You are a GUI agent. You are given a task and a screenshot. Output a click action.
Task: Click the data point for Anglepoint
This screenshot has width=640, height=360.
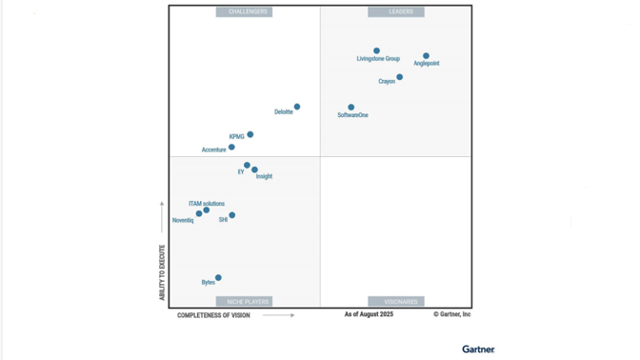pos(426,56)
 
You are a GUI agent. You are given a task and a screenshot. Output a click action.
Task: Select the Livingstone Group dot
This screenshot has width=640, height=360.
pos(376,50)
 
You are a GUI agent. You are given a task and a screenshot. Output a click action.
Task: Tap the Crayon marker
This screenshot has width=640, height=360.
pos(399,77)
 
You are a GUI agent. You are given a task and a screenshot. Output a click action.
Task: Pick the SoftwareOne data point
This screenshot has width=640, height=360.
pos(350,108)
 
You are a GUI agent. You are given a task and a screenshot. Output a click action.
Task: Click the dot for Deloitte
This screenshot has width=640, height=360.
pos(297,107)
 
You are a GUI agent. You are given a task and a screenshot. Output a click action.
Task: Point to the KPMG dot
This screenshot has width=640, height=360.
pos(250,134)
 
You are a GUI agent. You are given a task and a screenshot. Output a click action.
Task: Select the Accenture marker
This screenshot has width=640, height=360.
pos(231,147)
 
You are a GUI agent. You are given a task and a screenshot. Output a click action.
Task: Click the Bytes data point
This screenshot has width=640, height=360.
pos(218,278)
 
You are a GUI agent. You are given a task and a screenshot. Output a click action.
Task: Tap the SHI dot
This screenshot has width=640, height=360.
pos(231,215)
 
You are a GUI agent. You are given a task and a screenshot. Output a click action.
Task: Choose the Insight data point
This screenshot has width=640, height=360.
pos(254,170)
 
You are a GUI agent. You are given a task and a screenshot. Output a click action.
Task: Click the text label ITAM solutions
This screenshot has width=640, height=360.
pos(207,204)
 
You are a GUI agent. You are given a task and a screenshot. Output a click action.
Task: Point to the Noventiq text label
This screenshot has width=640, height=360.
pos(183,221)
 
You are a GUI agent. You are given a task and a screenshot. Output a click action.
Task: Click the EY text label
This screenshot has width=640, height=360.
pos(241,172)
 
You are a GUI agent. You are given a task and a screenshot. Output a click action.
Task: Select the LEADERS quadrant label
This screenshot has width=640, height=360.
pos(396,12)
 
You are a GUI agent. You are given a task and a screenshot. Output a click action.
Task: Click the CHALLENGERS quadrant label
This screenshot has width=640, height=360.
pos(244,12)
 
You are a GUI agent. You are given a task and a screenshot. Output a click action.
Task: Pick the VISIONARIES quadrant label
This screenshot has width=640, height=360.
pos(396,302)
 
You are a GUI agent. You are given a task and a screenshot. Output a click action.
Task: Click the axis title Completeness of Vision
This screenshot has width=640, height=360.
pos(213,315)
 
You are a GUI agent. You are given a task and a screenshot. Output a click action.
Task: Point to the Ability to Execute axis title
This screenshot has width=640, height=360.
pos(162,272)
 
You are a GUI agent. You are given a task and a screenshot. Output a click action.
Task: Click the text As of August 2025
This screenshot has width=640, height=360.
pos(369,314)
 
